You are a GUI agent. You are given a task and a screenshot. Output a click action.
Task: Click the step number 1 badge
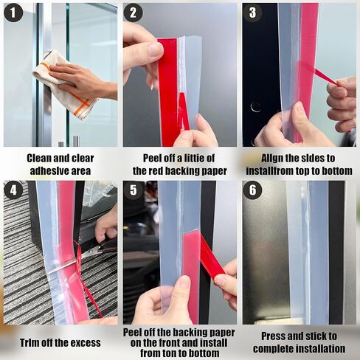tap(13, 13)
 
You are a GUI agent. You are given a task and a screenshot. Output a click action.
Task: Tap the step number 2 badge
tap(134, 13)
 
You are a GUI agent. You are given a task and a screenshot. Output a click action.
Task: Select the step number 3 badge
tap(253, 13)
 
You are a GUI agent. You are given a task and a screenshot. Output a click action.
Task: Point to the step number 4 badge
tap(13, 190)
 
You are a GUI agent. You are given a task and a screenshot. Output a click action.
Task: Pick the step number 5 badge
tap(134, 190)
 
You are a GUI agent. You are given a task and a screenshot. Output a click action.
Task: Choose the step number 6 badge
tap(253, 190)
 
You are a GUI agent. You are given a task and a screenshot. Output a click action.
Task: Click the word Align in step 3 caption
tap(274, 158)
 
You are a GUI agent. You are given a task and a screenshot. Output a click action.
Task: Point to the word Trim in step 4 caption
tap(32, 342)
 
